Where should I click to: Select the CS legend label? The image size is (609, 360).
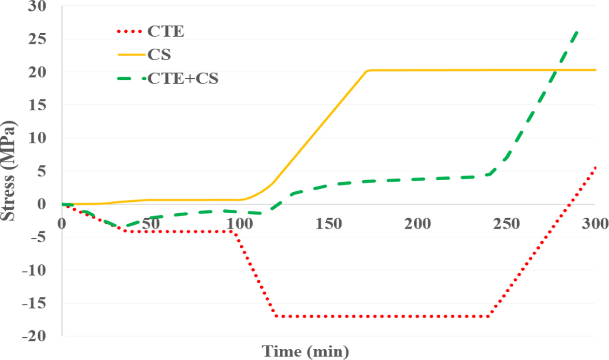[x=159, y=55]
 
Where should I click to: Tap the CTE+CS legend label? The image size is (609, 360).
[x=183, y=78]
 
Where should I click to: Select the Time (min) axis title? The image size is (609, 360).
[x=305, y=351]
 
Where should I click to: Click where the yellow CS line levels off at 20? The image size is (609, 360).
[x=368, y=71]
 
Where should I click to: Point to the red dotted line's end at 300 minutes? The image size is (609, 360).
[x=595, y=166]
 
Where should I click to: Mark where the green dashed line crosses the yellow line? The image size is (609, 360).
[x=556, y=71]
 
